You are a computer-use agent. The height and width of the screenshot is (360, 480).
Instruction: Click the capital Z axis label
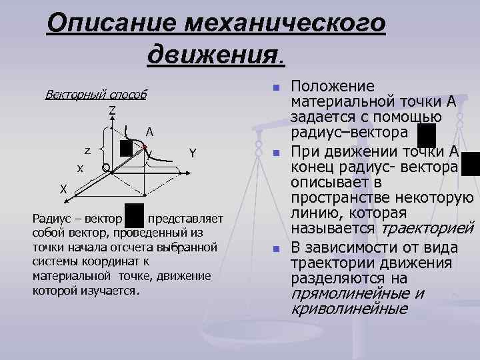(113, 109)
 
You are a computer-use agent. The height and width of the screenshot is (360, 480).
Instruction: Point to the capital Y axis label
(192, 153)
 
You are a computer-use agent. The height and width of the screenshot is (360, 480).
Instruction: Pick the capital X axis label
(63, 189)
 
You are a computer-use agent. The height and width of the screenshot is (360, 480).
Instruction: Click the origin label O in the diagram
(106, 167)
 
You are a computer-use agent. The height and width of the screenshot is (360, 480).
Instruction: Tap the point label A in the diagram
(150, 131)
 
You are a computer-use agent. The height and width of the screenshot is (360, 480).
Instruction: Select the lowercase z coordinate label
(87, 150)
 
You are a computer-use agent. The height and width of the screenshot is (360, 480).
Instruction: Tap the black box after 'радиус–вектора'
(425, 134)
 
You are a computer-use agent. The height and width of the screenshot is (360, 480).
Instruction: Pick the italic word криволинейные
(349, 309)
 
